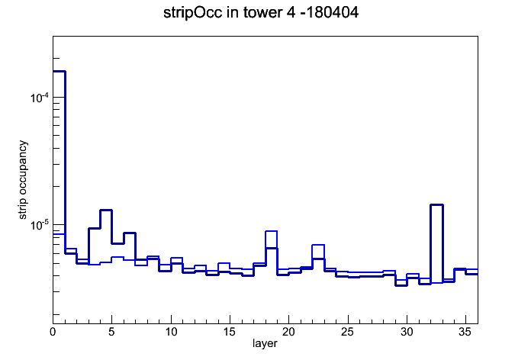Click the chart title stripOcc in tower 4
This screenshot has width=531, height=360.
(224, 13)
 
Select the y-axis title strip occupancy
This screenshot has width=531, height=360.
(22, 180)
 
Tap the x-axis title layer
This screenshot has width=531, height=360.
(265, 343)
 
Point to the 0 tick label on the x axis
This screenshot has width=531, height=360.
(53, 332)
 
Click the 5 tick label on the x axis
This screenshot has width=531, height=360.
(111, 332)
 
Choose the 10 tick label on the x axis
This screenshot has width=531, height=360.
(171, 332)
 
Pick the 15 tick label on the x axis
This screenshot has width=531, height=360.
(230, 332)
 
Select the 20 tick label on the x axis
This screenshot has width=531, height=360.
(288, 332)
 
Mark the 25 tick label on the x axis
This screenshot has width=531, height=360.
(347, 332)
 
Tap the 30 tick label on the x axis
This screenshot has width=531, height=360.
(407, 332)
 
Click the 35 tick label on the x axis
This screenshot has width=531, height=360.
(465, 332)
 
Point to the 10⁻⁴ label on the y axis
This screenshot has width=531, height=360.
(39, 98)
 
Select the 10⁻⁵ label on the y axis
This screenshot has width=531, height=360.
(39, 224)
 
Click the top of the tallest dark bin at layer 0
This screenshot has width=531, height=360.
(59, 71)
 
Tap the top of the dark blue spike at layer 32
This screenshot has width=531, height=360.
(437, 204)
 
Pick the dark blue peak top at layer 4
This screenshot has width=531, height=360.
(105, 210)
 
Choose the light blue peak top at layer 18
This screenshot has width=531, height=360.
(272, 231)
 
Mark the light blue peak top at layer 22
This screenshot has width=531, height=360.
(318, 245)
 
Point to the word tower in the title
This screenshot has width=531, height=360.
(259, 13)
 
